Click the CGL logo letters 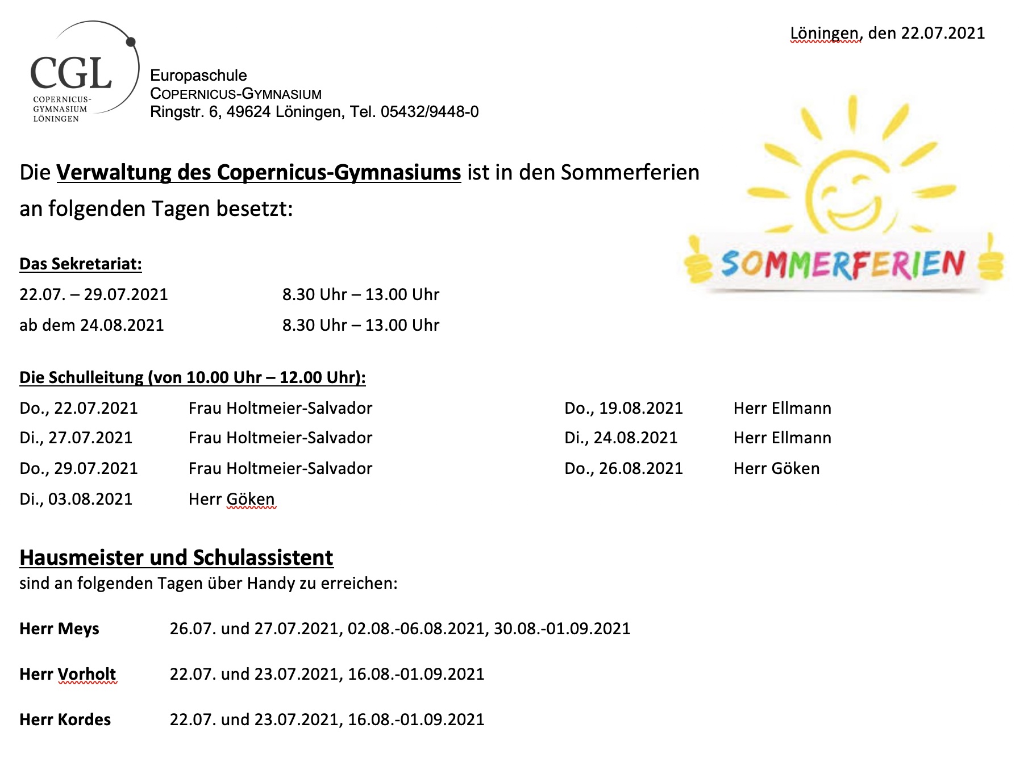pyautogui.click(x=70, y=74)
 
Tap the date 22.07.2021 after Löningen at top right pyautogui.click(x=943, y=33)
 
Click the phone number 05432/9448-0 pyautogui.click(x=430, y=112)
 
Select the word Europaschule pyautogui.click(x=198, y=76)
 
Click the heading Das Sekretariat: pyautogui.click(x=81, y=264)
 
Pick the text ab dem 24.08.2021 pyautogui.click(x=91, y=325)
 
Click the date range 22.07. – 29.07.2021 pyautogui.click(x=94, y=294)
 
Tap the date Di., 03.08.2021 pyautogui.click(x=76, y=499)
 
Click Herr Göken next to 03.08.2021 pyautogui.click(x=231, y=499)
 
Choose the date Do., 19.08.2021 pyautogui.click(x=623, y=408)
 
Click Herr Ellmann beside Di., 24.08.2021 pyautogui.click(x=782, y=438)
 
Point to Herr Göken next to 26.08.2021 pyautogui.click(x=776, y=468)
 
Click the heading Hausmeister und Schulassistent pyautogui.click(x=176, y=558)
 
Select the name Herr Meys pyautogui.click(x=59, y=629)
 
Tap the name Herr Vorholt pyautogui.click(x=68, y=674)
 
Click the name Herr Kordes pyautogui.click(x=65, y=719)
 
